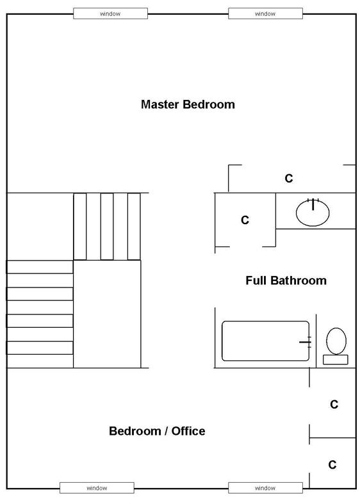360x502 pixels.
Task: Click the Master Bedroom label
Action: [188, 104]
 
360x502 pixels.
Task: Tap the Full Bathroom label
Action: [286, 280]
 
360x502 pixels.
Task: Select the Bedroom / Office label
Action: [157, 431]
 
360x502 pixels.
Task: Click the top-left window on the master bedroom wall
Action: [110, 14]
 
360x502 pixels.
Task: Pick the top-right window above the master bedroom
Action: [265, 14]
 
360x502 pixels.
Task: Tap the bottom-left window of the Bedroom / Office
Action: [97, 488]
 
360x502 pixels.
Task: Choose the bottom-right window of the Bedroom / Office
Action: [265, 488]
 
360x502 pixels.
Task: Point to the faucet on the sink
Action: [313, 204]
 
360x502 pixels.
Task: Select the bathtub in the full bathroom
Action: [265, 341]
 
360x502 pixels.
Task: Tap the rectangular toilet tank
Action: [336, 360]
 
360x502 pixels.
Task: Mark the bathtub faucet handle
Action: [306, 342]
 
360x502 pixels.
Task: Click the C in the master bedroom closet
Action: [289, 178]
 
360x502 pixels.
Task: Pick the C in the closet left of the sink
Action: [245, 220]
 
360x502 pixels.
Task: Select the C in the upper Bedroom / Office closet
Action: [334, 405]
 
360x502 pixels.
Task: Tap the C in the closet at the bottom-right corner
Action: [332, 465]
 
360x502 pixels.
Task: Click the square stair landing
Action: [107, 314]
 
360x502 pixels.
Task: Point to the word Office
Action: [188, 431]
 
